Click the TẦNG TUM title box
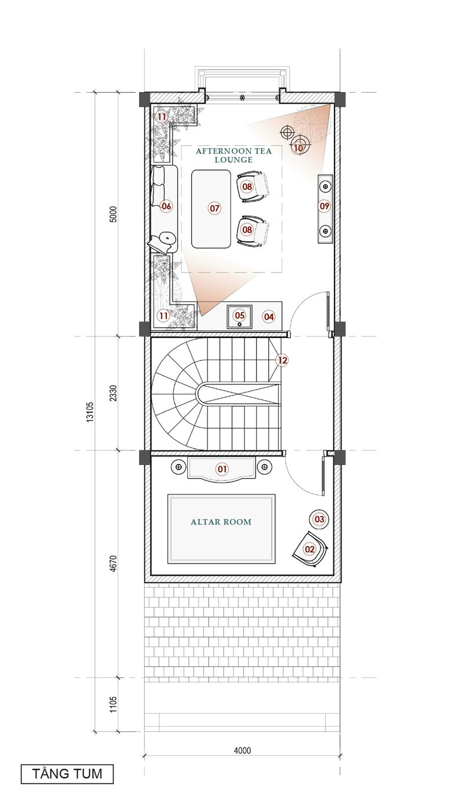tap(67, 773)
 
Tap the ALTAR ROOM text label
tap(221, 522)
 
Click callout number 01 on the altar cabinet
tap(222, 469)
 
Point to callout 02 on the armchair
tap(309, 549)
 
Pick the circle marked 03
tap(319, 519)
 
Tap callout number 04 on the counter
tap(268, 317)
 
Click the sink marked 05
tap(239, 316)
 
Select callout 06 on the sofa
tap(166, 206)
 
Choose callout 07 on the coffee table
tap(214, 208)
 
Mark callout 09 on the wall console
tap(324, 206)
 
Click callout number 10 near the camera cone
tap(298, 148)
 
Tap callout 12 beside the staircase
tap(282, 360)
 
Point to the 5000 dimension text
tap(113, 214)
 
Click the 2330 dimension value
tap(113, 393)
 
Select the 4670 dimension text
tap(113, 563)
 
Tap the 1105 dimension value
tap(113, 705)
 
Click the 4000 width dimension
tap(242, 750)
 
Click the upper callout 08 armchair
tap(247, 186)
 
